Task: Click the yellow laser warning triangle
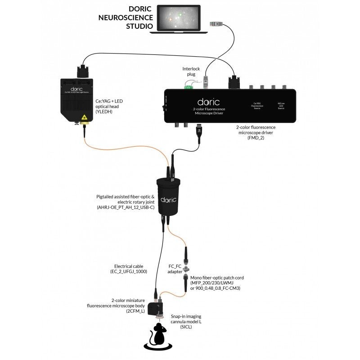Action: (83, 118)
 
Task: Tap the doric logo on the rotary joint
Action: (168, 198)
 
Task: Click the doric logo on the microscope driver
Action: (207, 103)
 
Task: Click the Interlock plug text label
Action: (191, 72)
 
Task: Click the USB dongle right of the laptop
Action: (217, 23)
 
